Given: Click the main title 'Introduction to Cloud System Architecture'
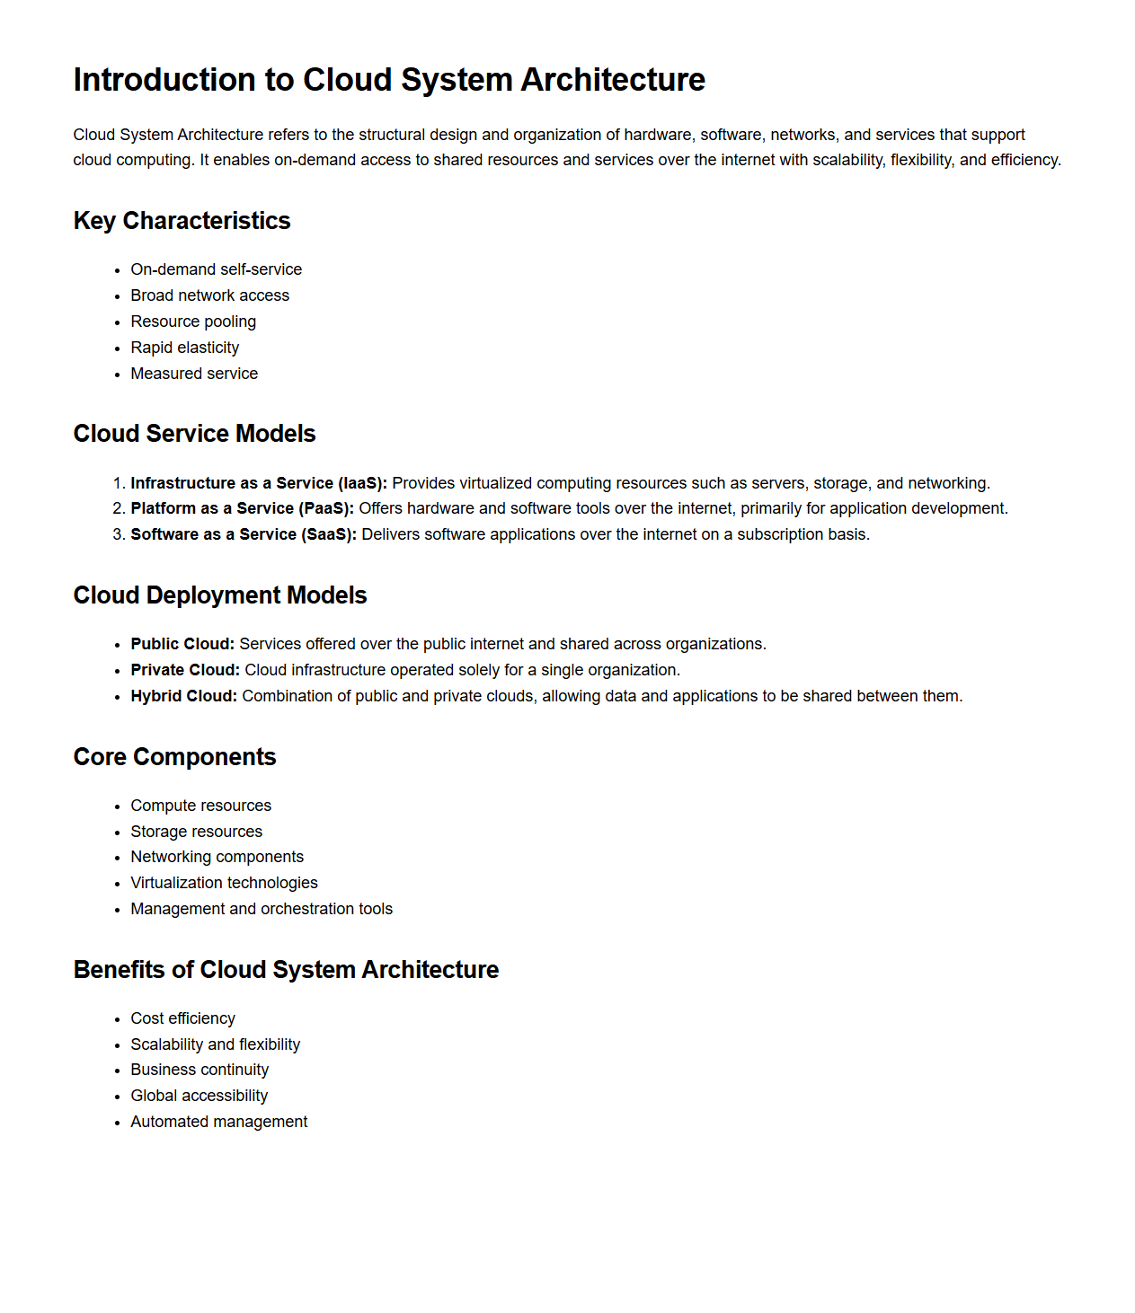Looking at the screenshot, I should click(x=389, y=80).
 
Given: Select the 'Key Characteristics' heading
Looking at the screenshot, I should click(x=182, y=221).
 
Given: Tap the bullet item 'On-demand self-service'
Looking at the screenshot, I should click(x=216, y=269).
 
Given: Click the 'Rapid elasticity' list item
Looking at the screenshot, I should click(x=184, y=348).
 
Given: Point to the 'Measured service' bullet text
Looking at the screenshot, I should click(x=194, y=374).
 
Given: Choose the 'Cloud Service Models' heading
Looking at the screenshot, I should click(x=194, y=434).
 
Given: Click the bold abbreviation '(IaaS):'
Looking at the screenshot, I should click(x=362, y=483).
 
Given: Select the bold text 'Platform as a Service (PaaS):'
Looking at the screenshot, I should click(x=242, y=508).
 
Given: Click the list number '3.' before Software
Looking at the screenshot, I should click(x=119, y=534).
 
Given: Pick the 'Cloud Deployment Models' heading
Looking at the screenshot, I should click(x=220, y=595).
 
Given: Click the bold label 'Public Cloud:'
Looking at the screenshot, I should click(x=182, y=644).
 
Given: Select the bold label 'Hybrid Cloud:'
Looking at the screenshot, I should click(x=183, y=696).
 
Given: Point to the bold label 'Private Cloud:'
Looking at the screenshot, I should click(x=185, y=670).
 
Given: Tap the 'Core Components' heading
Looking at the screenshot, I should click(x=174, y=757).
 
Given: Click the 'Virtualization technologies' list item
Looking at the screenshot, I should click(x=224, y=883).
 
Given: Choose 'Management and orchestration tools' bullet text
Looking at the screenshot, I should click(x=262, y=909).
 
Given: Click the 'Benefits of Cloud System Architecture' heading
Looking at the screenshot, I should click(x=286, y=970).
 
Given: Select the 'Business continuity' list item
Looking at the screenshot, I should click(x=200, y=1070).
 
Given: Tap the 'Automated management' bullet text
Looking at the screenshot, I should click(x=218, y=1122).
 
